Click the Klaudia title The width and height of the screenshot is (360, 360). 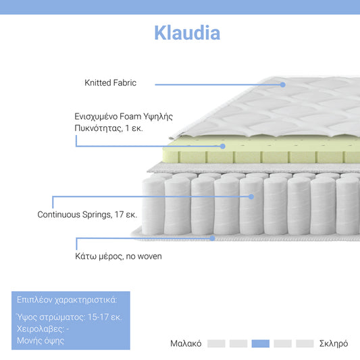point(186,32)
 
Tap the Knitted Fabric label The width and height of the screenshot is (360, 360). point(110,83)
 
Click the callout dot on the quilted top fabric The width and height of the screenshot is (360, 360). point(283,84)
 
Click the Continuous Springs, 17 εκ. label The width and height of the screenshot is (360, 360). point(87,214)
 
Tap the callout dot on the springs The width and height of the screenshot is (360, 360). point(251,197)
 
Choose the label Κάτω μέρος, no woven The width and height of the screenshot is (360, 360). point(118,256)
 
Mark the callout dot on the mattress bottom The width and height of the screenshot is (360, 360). point(212,238)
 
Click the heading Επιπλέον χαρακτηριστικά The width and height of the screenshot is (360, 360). point(65,300)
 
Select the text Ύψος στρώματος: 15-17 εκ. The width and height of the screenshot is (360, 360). point(68,317)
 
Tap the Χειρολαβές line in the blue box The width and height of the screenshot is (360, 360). point(42,329)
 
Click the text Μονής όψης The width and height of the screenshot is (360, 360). point(40,340)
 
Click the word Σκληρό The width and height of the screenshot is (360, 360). point(333,344)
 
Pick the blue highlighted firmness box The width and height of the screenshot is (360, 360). point(260,344)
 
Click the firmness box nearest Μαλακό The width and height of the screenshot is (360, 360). point(216,344)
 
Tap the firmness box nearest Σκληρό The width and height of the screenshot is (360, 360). point(305,344)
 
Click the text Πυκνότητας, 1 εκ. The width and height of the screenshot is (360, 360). point(109,128)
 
